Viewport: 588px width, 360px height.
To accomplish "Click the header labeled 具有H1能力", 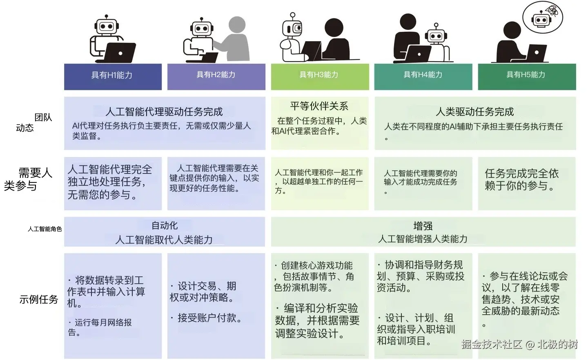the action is click(112, 76).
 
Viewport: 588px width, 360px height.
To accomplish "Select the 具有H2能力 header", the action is click(216, 75).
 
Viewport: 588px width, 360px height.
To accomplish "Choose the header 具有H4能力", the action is click(423, 75).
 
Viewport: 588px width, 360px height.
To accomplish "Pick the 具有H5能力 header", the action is click(526, 75).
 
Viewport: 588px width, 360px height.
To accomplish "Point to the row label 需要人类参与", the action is click(29, 179).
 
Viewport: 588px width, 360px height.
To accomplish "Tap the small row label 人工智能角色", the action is click(45, 229).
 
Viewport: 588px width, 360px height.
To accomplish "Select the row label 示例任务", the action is click(39, 300).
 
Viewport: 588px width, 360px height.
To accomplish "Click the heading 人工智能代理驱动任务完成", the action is click(164, 111).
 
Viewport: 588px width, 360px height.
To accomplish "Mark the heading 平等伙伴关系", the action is click(319, 107).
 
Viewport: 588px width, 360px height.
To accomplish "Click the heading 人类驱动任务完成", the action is click(474, 111).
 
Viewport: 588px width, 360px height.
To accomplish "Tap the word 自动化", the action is click(164, 225).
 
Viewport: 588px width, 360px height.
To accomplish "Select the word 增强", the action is click(423, 226).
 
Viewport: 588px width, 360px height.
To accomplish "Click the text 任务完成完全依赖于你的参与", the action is click(521, 180).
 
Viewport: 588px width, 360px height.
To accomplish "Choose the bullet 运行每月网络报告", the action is click(100, 327).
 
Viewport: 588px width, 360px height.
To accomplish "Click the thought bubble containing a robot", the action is click(543, 17).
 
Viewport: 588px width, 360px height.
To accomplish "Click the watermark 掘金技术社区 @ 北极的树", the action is click(520, 344).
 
